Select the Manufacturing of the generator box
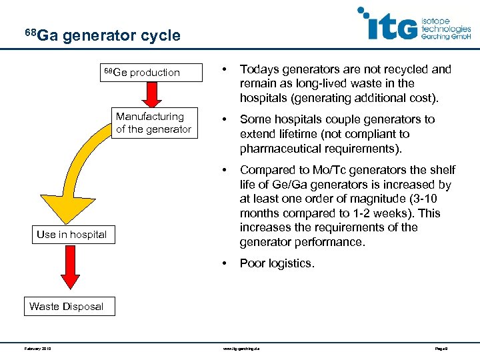click(x=153, y=123)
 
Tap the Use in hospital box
click(x=71, y=234)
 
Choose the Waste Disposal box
click(x=66, y=306)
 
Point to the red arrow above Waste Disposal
click(x=69, y=269)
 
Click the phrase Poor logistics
click(x=277, y=263)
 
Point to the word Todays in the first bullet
click(x=259, y=69)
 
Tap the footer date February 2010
click(x=38, y=348)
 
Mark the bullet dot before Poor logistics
click(x=225, y=263)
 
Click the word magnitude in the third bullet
click(x=361, y=199)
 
